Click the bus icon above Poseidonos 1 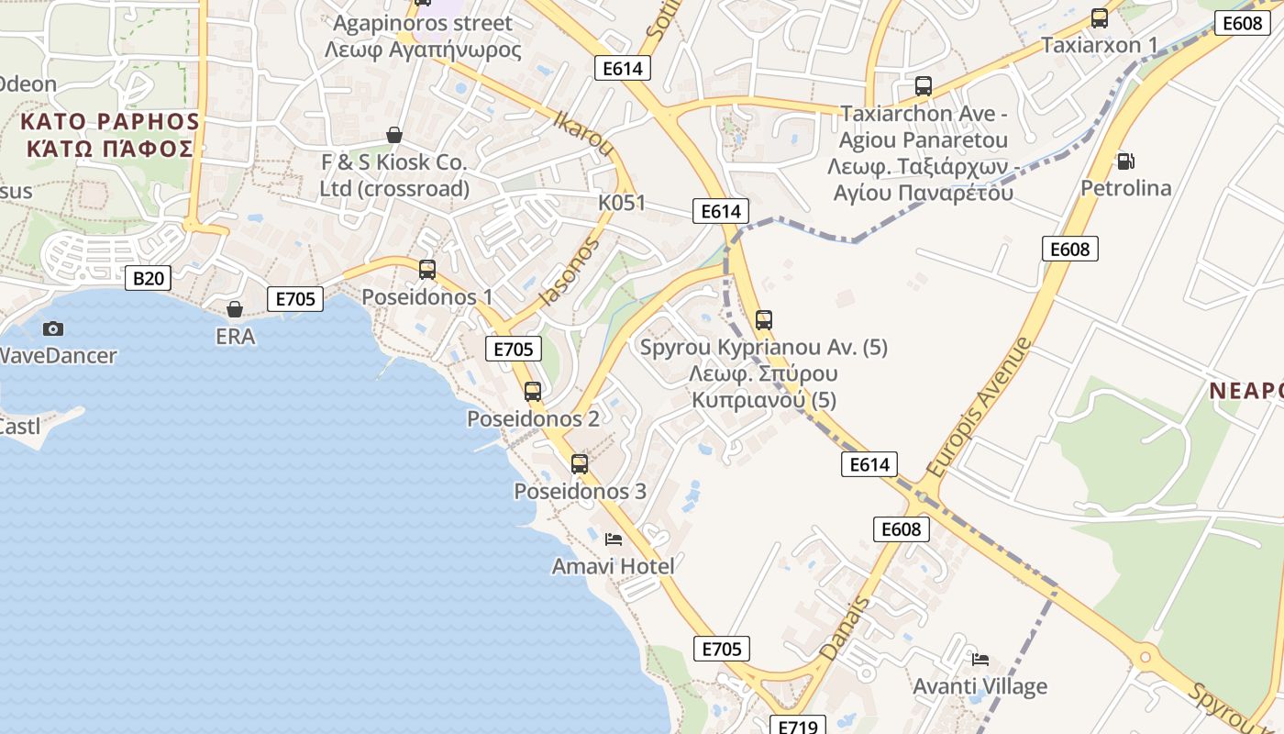coord(427,269)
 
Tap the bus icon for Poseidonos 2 coord(533,392)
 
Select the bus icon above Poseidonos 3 coord(580,463)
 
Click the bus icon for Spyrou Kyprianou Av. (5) coord(764,320)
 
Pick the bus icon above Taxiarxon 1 coord(1100,18)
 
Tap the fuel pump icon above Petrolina coord(1125,161)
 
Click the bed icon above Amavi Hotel coord(614,539)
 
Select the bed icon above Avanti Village coord(980,659)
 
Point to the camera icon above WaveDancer coord(53,328)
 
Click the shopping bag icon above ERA coord(235,309)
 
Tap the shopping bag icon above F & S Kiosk coord(394,135)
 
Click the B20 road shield coord(147,278)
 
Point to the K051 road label coord(622,203)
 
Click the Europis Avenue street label coord(979,407)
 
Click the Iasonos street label coord(570,271)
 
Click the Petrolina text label coord(1125,188)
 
